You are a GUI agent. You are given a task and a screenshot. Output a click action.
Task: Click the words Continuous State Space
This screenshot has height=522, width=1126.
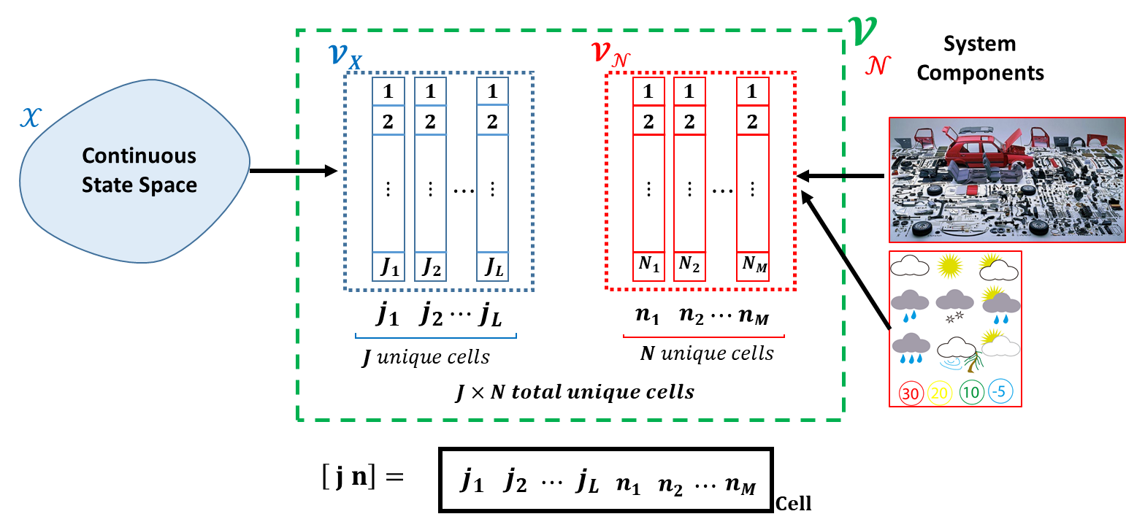point(139,170)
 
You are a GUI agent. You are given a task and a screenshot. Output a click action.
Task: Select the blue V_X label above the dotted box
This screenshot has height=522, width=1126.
point(344,56)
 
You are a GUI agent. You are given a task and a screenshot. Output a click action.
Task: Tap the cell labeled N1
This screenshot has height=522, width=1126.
point(648,266)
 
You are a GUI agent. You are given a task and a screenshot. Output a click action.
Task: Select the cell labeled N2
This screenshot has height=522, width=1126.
point(689,266)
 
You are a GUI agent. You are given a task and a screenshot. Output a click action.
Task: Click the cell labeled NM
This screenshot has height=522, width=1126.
point(753,266)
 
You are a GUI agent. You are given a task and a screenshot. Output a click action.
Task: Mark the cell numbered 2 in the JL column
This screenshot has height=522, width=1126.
point(492,121)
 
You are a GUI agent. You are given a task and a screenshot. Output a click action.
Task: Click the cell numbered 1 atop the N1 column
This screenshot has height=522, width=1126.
point(648,92)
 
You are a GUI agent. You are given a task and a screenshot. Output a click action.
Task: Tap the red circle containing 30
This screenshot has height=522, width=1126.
point(910,394)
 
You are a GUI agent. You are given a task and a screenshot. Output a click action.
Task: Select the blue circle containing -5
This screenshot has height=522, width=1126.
point(1000,392)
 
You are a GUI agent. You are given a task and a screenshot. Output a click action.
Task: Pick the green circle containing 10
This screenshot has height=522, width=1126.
point(971,393)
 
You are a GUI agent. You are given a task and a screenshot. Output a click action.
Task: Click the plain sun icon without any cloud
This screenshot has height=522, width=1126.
point(951,266)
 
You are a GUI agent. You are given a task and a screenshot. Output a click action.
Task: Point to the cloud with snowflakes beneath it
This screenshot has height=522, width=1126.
point(954,305)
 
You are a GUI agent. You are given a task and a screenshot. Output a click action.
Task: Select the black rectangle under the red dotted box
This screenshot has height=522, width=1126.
point(703,313)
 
